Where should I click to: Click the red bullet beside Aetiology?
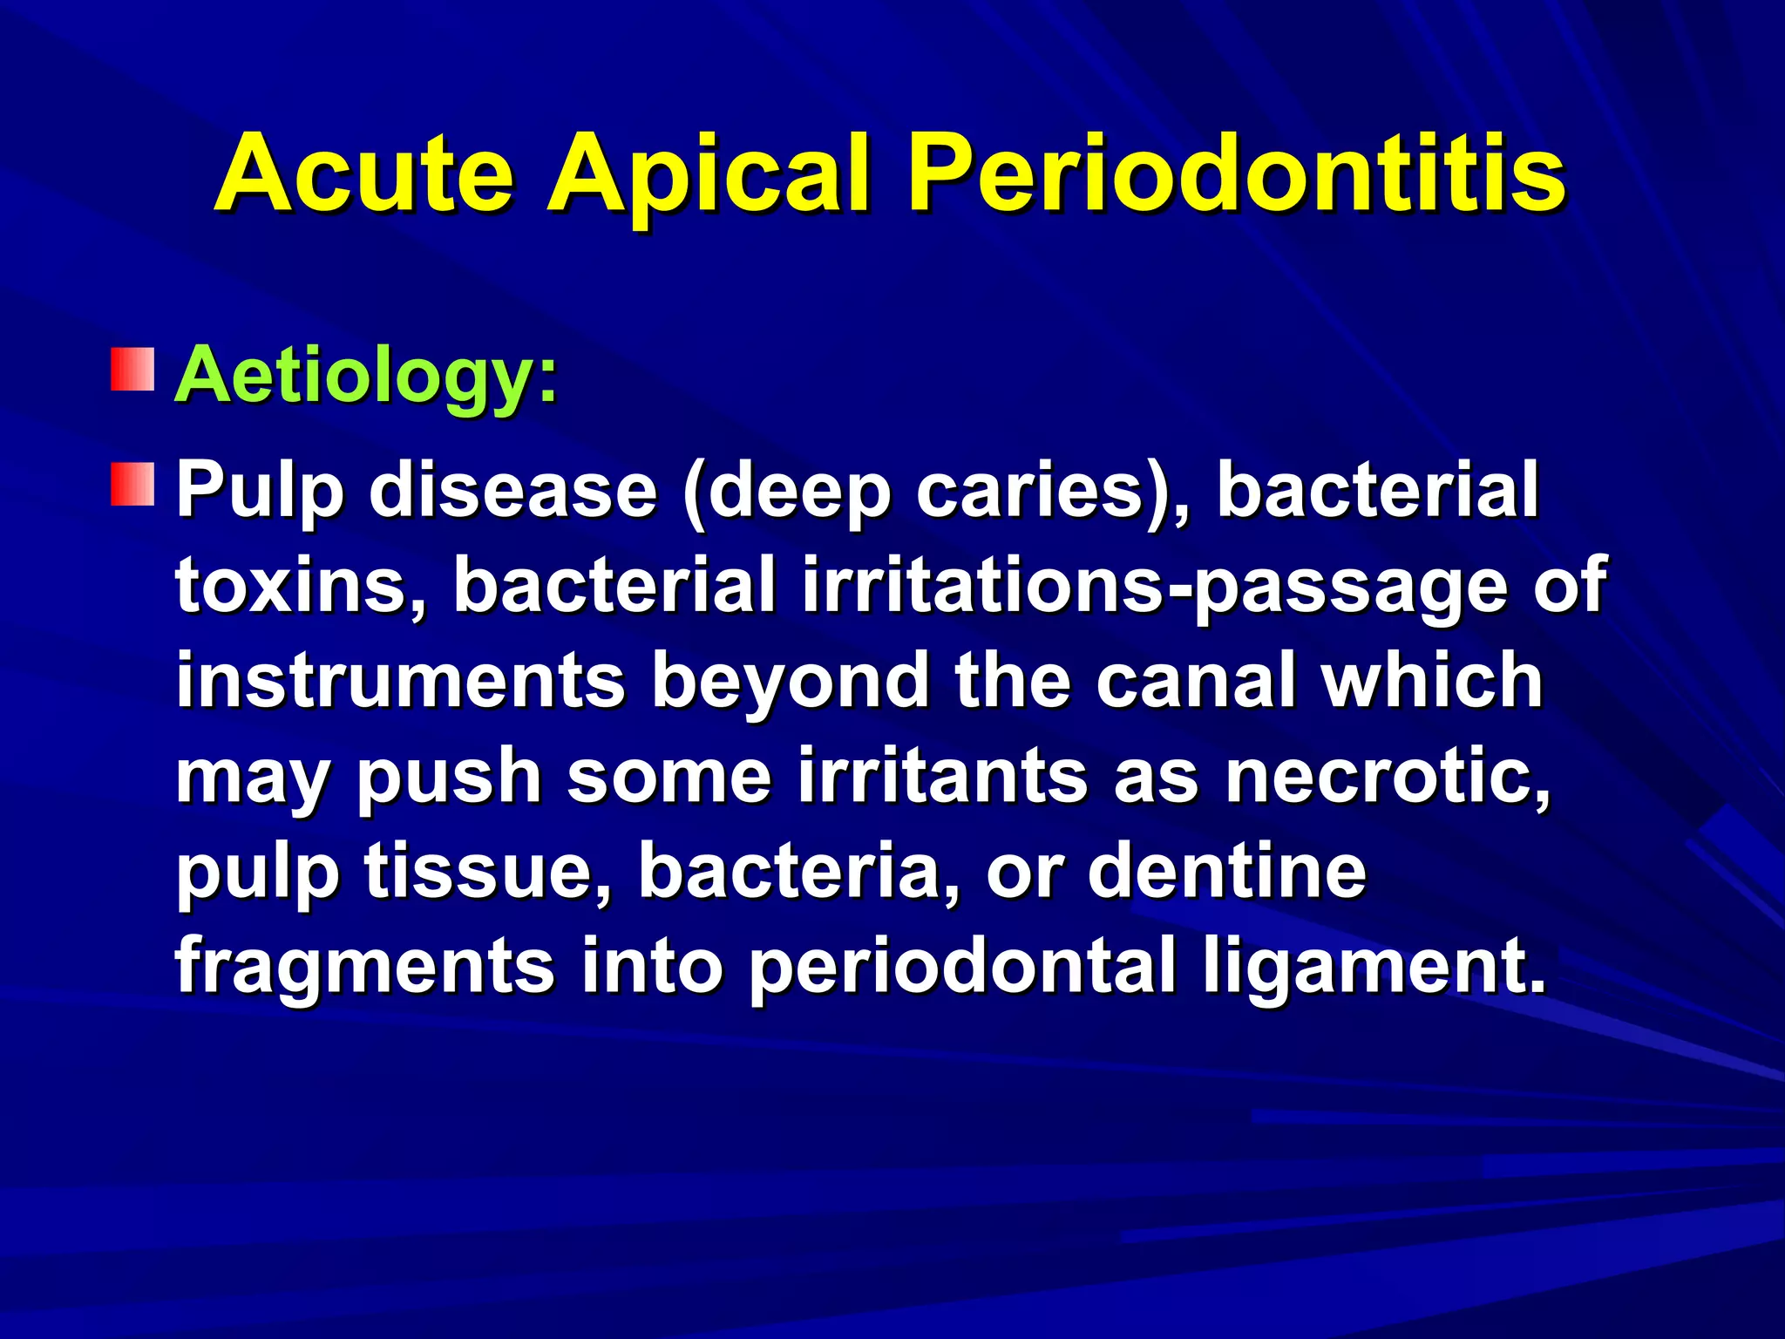pos(132,370)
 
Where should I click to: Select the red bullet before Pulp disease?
pos(132,485)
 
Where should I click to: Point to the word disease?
pos(512,490)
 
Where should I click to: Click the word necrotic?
pos(1386,776)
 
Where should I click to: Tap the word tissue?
pos(488,872)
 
